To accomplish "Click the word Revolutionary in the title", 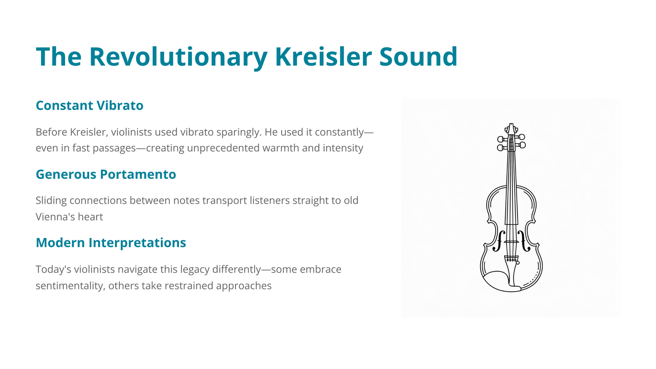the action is [178, 57].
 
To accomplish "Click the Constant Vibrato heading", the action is [89, 105].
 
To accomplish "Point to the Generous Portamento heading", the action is [106, 174].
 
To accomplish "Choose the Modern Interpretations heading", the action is [111, 243].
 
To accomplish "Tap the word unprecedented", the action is [223, 148].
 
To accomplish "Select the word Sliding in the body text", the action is [51, 201].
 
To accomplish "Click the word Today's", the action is [53, 270].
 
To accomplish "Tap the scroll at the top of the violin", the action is [511, 129].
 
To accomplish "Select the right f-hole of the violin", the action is [524, 241].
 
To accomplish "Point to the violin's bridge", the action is [511, 242].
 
